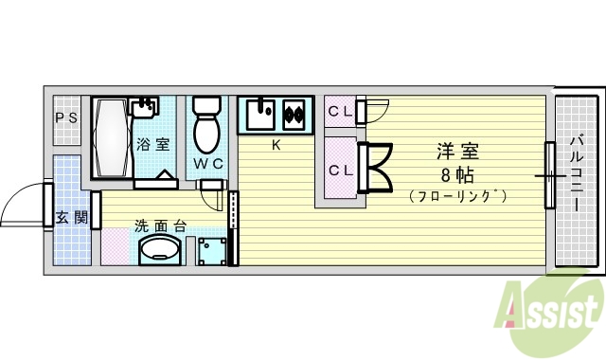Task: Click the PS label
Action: point(65,117)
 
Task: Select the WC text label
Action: point(208,163)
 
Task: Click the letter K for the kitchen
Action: point(276,145)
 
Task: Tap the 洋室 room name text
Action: point(457,151)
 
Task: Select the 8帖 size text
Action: point(456,175)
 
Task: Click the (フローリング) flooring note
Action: point(459,197)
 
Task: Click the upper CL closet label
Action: point(341,112)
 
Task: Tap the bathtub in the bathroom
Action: point(111,137)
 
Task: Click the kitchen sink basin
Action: point(260,115)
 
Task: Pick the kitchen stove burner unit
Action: point(294,116)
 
